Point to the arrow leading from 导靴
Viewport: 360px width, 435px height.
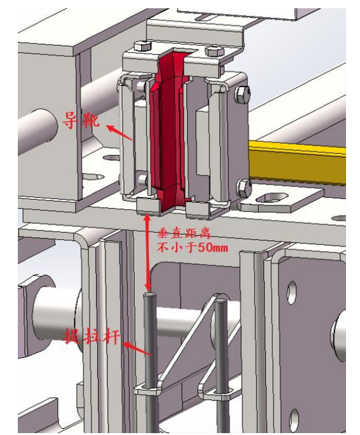(120, 132)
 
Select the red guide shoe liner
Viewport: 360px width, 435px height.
(166, 127)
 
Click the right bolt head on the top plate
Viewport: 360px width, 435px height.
(212, 52)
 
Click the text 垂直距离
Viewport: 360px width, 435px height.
(177, 233)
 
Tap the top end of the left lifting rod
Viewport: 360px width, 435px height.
(150, 295)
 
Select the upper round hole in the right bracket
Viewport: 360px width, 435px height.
(291, 293)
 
